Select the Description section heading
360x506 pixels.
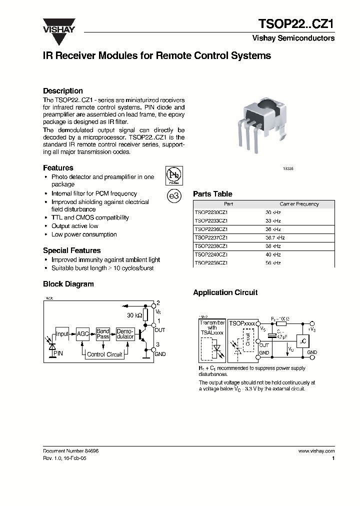63,91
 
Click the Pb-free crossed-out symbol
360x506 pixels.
173,175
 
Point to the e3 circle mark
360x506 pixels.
173,196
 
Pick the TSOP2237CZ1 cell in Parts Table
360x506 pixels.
211,237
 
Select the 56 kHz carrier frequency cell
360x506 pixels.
273,263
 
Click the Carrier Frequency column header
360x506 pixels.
299,204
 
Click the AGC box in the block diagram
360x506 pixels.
82,334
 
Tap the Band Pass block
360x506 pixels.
103,334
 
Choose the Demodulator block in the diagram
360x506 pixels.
125,334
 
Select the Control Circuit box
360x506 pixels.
104,354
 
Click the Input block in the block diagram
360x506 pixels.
62,334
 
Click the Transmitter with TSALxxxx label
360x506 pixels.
212,328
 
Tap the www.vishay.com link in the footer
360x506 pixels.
316,451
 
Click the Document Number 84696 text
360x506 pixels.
71,451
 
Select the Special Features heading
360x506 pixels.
72,250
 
